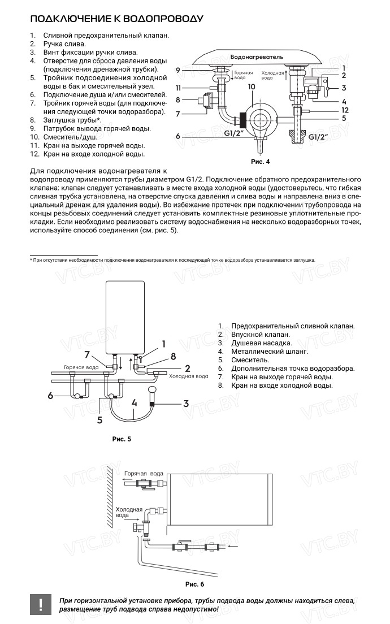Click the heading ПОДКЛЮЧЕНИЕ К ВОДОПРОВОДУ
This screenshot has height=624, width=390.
(x=116, y=19)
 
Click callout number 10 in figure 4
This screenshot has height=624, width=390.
(x=251, y=86)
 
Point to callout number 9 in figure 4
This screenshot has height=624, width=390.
(x=177, y=70)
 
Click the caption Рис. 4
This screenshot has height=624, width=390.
(x=260, y=162)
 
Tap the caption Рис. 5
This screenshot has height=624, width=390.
(x=122, y=438)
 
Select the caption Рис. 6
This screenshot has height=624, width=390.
(x=194, y=584)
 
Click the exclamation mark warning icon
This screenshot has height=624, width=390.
(x=41, y=604)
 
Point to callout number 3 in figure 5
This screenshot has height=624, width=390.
(x=185, y=404)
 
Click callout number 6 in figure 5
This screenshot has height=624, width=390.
(x=50, y=396)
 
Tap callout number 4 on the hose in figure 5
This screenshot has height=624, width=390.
(x=134, y=404)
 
